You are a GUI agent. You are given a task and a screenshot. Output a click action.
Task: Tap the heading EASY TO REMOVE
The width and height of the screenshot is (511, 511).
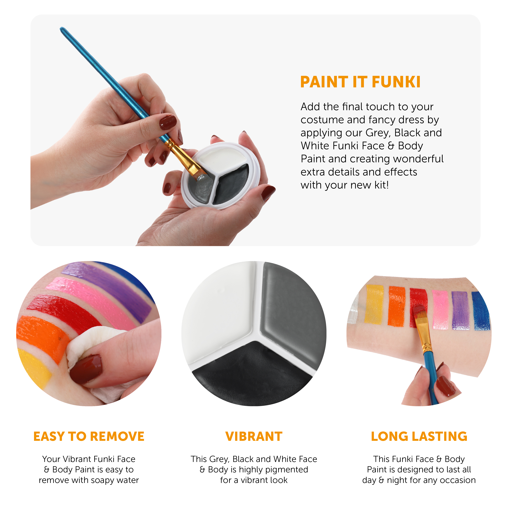tap(89, 436)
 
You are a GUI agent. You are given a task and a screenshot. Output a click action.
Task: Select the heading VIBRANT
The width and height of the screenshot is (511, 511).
tap(254, 436)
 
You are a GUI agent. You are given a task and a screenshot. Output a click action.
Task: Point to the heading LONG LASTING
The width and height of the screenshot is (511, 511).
tap(419, 436)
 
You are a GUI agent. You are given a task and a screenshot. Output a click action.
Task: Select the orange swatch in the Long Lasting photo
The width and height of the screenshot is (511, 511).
tap(397, 306)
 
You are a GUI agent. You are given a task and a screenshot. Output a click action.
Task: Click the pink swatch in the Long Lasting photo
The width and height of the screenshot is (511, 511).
tap(441, 309)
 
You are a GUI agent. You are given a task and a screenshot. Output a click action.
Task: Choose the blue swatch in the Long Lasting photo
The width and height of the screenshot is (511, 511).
tap(481, 311)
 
